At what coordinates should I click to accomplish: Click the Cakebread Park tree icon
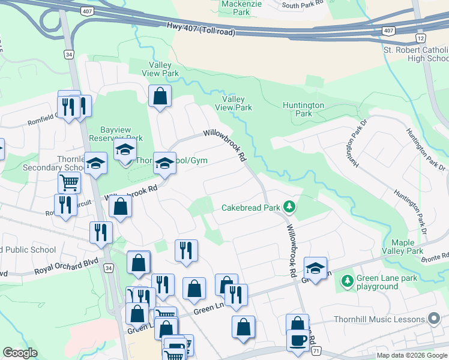[290, 207]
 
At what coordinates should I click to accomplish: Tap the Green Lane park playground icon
[347, 280]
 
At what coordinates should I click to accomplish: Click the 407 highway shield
[388, 30]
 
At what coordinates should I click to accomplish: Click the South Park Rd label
[303, 5]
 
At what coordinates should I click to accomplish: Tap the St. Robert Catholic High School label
[415, 54]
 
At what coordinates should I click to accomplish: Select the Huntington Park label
[304, 109]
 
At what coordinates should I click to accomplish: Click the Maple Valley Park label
[408, 247]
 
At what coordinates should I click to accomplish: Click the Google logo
[20, 353]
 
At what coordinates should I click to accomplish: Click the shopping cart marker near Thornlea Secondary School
[69, 182]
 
